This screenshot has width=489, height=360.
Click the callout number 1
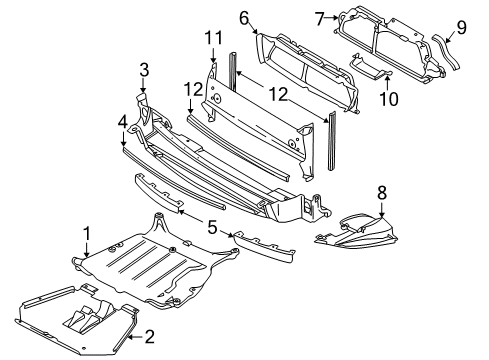tap(87, 234)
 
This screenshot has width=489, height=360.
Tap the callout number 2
tap(150, 337)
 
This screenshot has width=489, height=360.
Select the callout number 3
tap(144, 70)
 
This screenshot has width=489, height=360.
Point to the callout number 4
tap(123, 122)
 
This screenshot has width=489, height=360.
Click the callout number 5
tap(212, 228)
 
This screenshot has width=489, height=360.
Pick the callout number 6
tap(244, 18)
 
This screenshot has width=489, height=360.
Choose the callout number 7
tap(320, 19)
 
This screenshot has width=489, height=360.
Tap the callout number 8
tap(382, 193)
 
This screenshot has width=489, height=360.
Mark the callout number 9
tap(461, 27)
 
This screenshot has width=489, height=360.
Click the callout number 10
tap(389, 99)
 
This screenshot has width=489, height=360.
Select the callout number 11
tap(213, 38)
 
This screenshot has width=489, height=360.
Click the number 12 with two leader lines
tap(278, 94)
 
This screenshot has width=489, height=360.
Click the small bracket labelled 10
tap(370, 67)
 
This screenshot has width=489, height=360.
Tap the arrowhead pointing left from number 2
tap(131, 337)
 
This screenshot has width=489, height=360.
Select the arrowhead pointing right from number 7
tap(335, 18)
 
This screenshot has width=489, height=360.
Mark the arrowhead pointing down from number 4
tap(123, 143)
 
